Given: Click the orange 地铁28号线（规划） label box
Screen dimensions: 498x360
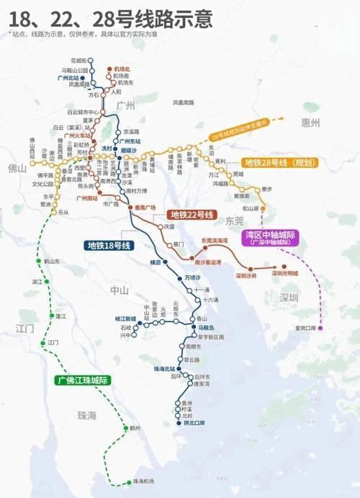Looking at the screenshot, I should pyautogui.click(x=278, y=163).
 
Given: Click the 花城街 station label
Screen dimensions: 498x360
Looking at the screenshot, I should pyautogui.click(x=78, y=60).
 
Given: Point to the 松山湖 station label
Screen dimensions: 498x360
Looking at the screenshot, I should pyautogui.click(x=251, y=208).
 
